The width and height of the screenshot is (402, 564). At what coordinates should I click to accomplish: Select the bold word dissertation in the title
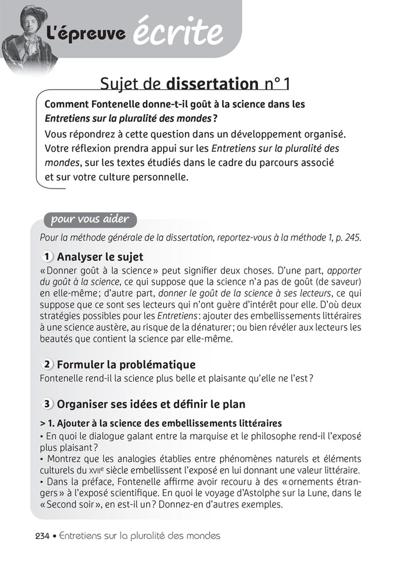(x=212, y=84)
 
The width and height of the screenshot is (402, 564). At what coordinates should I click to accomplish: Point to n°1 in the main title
(x=277, y=84)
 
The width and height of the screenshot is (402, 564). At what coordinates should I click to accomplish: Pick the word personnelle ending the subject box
(x=157, y=178)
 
